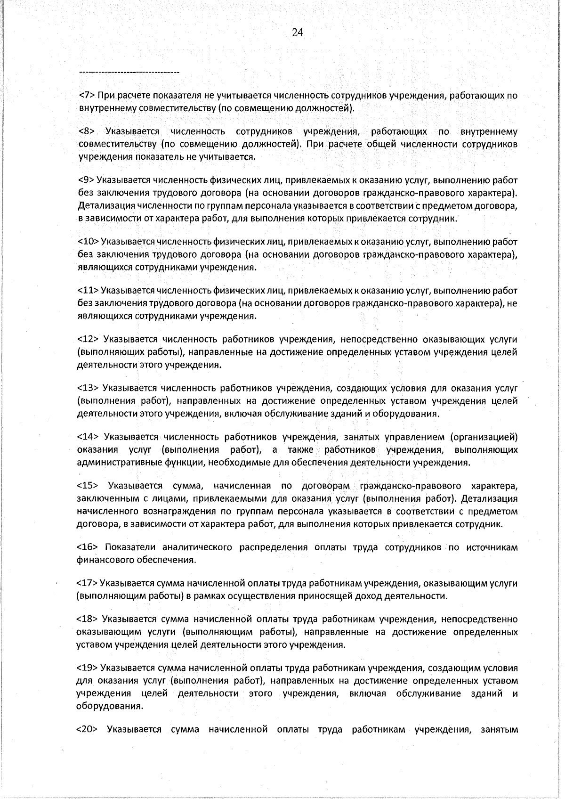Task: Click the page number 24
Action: coord(297,32)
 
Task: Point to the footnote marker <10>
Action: coord(88,242)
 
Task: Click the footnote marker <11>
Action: coord(88,291)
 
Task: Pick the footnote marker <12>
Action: coord(88,340)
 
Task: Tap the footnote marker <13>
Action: coord(88,389)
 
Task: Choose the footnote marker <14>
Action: coord(88,437)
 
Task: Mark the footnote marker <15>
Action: coord(88,486)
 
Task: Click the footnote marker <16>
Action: coord(88,547)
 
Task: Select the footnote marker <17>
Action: coord(87,584)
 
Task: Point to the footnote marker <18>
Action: coord(87,620)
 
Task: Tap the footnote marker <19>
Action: coord(87,669)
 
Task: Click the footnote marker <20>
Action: coord(87,730)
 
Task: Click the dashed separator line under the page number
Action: coord(129,73)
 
